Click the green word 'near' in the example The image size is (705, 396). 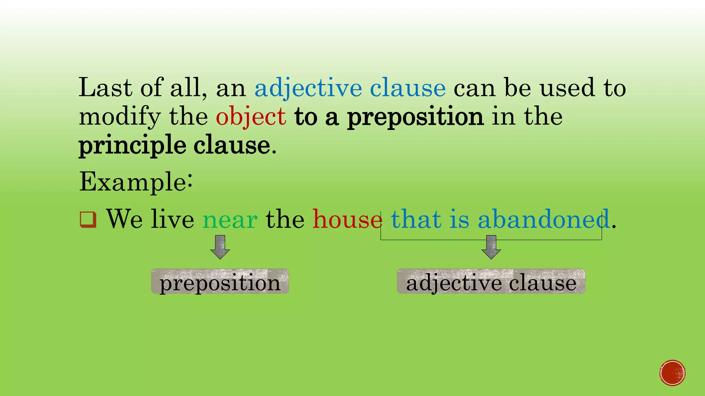point(230,220)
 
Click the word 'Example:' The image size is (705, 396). point(136,182)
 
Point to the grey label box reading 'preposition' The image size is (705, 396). point(220,282)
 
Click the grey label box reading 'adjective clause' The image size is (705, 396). point(491,282)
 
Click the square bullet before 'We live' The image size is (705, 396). point(88,220)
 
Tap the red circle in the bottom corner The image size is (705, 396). point(672,373)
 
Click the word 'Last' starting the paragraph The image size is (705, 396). point(105,88)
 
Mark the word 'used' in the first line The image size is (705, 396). point(567,88)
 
